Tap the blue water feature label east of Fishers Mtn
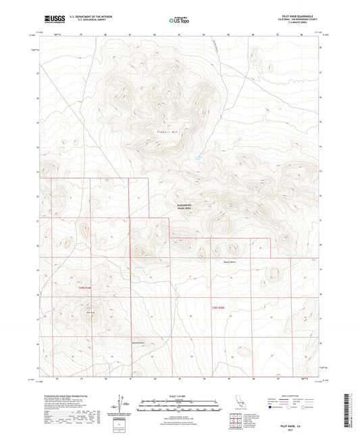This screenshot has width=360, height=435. click(x=198, y=157)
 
